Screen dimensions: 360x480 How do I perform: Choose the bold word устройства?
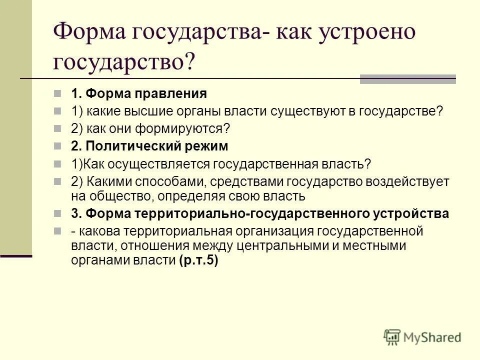[411, 213]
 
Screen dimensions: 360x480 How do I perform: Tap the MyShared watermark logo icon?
[392, 337]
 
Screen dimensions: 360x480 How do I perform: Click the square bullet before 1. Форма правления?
[60, 93]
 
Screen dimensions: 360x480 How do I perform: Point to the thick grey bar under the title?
[408, 79]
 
